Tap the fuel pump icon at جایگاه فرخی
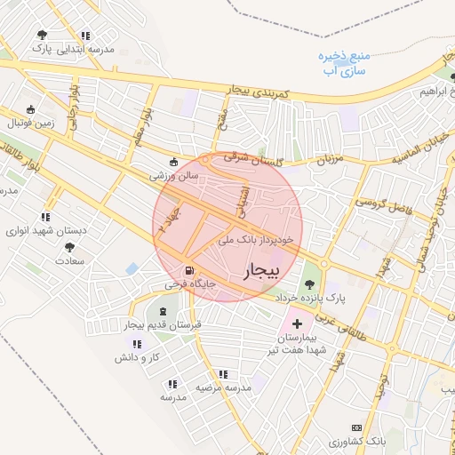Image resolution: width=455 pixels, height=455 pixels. point(188,271)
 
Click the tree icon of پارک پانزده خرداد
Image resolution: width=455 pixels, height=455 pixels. point(309,284)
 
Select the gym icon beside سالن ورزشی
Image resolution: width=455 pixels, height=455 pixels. point(173,163)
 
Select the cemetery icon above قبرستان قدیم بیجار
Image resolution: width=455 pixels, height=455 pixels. point(163,311)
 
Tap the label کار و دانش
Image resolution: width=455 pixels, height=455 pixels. point(135,356)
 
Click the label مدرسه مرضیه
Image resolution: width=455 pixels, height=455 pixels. point(220,388)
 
